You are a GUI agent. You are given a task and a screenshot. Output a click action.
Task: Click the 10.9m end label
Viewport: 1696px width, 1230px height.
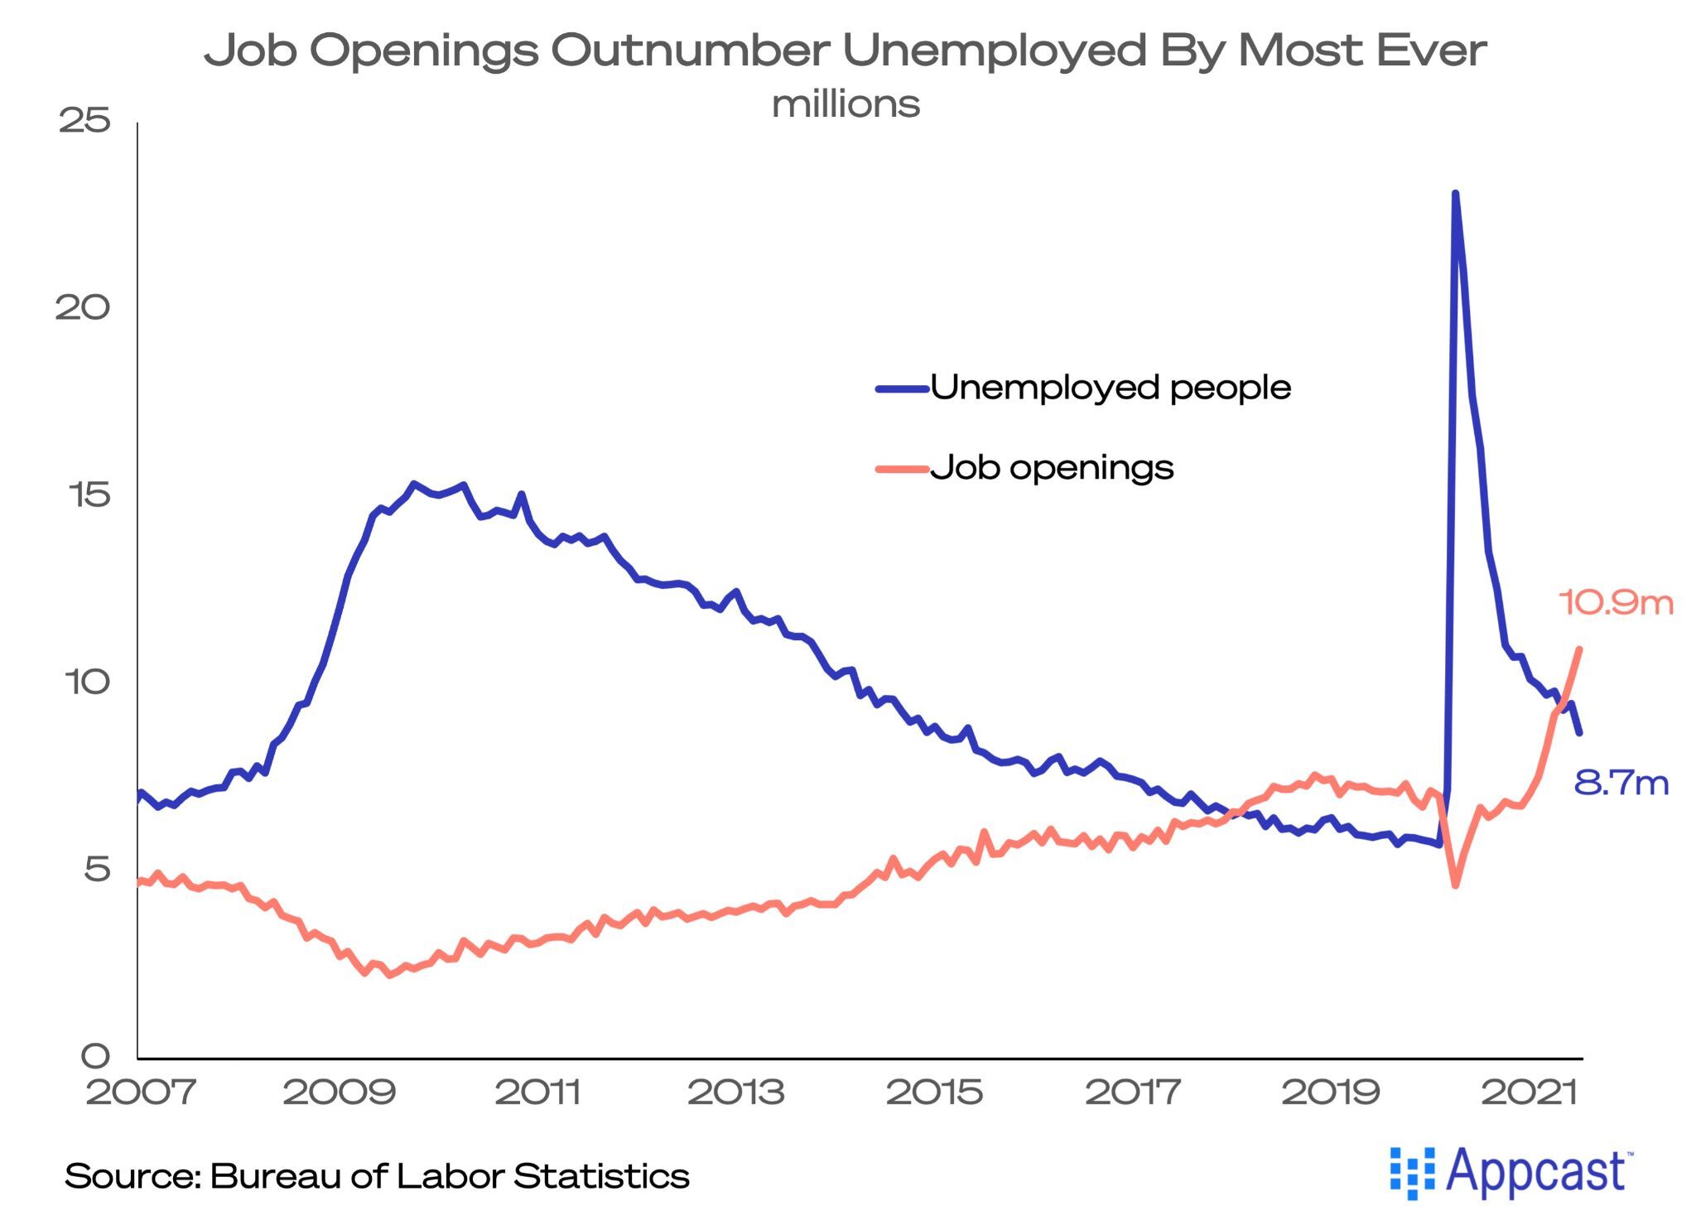coord(1615,602)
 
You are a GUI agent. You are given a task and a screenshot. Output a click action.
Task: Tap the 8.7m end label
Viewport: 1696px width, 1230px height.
coord(1621,783)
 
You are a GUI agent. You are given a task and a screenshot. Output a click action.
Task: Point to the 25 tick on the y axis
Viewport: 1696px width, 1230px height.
coord(84,121)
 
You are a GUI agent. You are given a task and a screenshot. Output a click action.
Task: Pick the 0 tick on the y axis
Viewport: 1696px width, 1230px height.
coord(95,1056)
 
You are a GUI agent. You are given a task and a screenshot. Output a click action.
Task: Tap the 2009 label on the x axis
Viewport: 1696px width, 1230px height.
coord(340,1093)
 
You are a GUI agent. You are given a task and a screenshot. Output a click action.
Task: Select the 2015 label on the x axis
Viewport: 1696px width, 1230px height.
coord(935,1093)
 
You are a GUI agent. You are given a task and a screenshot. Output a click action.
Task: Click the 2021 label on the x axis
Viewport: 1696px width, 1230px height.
coord(1530,1093)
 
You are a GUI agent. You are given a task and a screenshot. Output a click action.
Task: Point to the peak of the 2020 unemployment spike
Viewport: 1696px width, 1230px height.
coord(1455,194)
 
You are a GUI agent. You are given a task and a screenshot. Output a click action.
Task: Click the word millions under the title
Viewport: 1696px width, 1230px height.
coord(846,104)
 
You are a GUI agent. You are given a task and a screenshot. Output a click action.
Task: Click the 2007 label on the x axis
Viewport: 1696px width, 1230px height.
coord(141,1093)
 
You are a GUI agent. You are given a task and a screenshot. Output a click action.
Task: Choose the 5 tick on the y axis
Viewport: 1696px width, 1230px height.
coord(96,870)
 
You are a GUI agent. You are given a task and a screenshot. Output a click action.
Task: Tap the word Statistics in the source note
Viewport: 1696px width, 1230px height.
coord(601,1176)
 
